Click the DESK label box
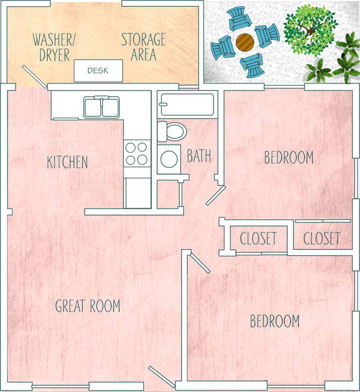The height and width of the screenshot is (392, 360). point(98,71)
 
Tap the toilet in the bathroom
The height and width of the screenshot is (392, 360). point(172,131)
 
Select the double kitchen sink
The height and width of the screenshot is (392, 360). point(102,107)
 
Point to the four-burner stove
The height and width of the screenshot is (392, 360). point(137,154)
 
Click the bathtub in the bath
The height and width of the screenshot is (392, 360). point(188,104)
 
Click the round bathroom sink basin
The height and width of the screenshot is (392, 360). point(169,159)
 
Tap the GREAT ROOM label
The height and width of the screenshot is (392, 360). point(87,305)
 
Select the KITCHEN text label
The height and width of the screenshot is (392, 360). point(67,162)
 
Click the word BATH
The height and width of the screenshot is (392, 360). point(199,156)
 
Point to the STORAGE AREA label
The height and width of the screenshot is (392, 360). point(143,47)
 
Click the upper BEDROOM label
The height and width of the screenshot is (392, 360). point(289,157)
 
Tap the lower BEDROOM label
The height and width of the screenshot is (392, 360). point(275,321)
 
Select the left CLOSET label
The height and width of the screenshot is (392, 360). point(258,238)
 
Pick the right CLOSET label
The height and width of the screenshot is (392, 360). point(322,238)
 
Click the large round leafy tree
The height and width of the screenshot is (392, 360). point(311,31)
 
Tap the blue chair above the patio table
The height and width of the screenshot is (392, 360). point(240,19)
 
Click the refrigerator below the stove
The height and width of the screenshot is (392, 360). point(138,193)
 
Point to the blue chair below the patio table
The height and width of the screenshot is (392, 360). point(252,65)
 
